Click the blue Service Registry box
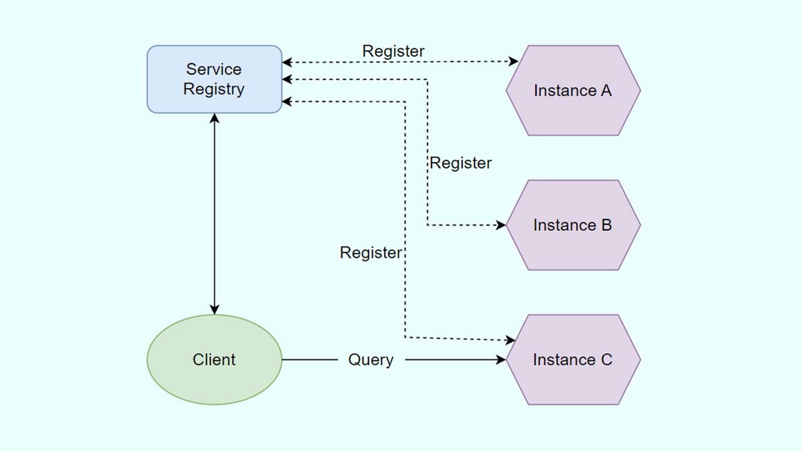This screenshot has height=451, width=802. (214, 79)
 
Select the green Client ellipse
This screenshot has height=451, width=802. (214, 359)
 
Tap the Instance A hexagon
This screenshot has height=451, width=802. (573, 90)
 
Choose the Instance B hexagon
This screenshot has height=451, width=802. (573, 225)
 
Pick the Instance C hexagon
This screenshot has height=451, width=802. (573, 359)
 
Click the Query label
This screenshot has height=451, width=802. (370, 359)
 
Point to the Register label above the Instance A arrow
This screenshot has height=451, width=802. (393, 51)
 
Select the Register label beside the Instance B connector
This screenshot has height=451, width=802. (460, 163)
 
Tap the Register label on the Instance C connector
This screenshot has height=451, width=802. (370, 253)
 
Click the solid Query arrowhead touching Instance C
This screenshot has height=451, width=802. (501, 359)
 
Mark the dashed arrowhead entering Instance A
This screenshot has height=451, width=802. (514, 62)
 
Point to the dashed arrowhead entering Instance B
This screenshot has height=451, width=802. (501, 225)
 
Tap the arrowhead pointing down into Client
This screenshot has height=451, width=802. (214, 309)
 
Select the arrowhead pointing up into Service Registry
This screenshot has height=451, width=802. (214, 118)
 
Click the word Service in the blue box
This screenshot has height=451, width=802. (214, 69)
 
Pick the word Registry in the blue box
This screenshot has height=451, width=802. (214, 89)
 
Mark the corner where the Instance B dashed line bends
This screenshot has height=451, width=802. (427, 225)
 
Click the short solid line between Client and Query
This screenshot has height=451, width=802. (309, 359)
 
